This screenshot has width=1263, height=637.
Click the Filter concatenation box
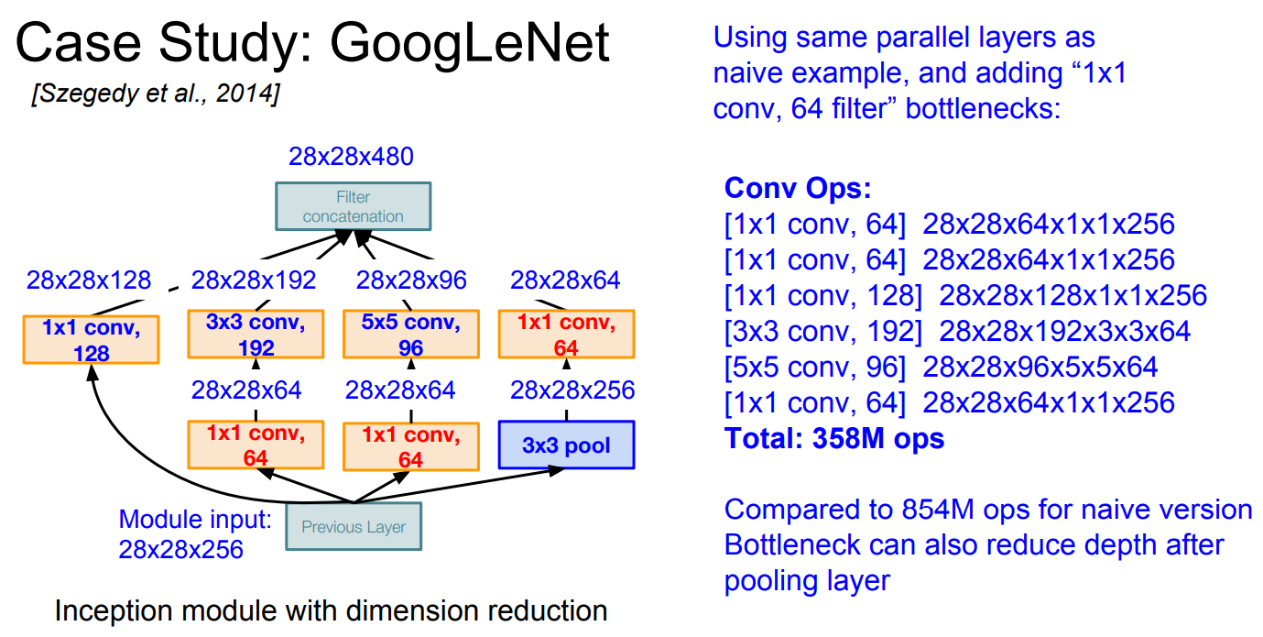pyautogui.click(x=353, y=206)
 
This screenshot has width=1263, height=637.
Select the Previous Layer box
pyautogui.click(x=354, y=526)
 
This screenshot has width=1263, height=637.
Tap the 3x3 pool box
pyautogui.click(x=566, y=445)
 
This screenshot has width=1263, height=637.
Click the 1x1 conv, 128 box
pyautogui.click(x=92, y=339)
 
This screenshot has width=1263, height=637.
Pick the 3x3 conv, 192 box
pyautogui.click(x=256, y=334)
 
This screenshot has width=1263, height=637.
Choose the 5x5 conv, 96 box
pyautogui.click(x=411, y=334)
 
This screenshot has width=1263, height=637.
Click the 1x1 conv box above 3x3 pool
pyautogui.click(x=567, y=334)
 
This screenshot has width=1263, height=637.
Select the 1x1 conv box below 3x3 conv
pyautogui.click(x=256, y=445)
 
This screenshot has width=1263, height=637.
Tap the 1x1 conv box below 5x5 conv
pyautogui.click(x=411, y=445)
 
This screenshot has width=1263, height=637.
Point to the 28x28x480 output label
pyautogui.click(x=351, y=157)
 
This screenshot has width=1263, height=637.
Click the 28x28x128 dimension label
pyautogui.click(x=89, y=280)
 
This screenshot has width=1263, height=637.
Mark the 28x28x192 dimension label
pyautogui.click(x=253, y=280)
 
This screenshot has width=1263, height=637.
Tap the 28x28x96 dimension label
pyautogui.click(x=411, y=280)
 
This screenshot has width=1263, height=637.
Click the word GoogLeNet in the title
pyautogui.click(x=469, y=43)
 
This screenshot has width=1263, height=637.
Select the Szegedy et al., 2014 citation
pyautogui.click(x=156, y=93)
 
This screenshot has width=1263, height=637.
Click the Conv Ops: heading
pyautogui.click(x=798, y=188)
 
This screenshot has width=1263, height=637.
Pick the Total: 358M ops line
pyautogui.click(x=834, y=438)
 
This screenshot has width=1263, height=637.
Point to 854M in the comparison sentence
pyautogui.click(x=938, y=510)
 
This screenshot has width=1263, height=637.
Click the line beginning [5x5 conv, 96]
pyautogui.click(x=941, y=368)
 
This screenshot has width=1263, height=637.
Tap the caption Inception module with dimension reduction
pyautogui.click(x=331, y=610)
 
